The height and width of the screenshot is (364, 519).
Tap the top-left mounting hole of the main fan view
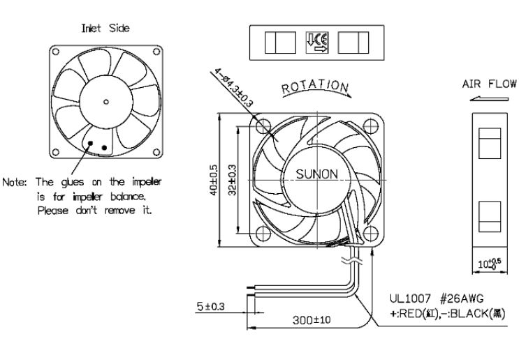click(265, 126)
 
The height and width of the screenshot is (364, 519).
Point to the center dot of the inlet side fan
click(105, 102)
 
